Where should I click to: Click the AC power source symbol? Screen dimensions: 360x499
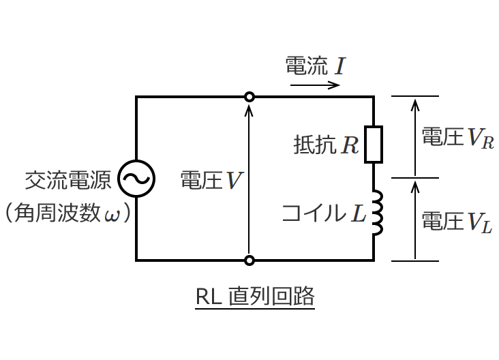pos(136,179)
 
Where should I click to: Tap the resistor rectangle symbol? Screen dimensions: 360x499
pos(374,145)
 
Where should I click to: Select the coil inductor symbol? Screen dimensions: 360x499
pos(376,212)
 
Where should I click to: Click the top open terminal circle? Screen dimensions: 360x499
pos(249,97)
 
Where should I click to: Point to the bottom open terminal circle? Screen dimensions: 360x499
pos(249,260)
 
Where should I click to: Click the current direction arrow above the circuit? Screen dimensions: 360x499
pos(315,85)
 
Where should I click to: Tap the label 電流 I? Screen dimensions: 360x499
pos(316,66)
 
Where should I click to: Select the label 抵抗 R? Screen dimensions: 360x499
pos(326,145)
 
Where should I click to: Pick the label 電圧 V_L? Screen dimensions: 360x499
pos(456,222)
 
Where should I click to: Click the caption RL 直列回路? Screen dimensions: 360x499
pos(254,297)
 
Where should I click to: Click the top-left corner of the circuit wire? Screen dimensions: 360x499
pos(136,97)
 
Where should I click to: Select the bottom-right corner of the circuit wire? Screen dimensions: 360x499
pos(374,260)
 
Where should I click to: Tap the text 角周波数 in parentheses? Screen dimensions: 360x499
pos(60,214)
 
